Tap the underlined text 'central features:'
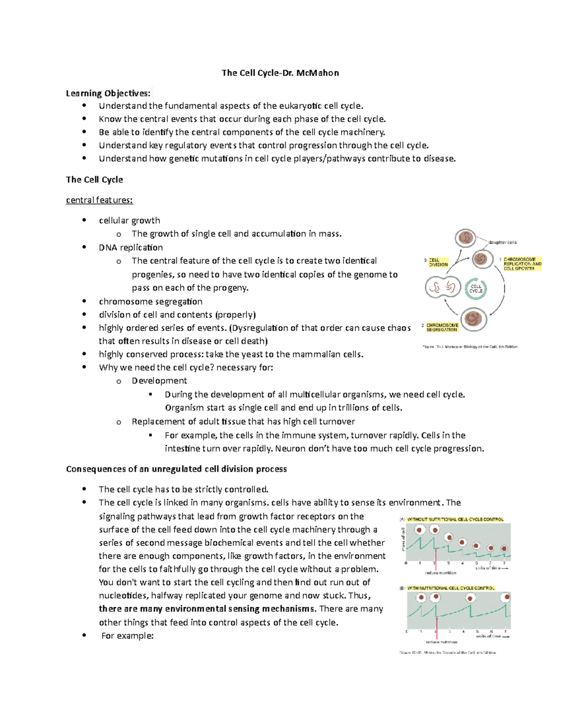99,200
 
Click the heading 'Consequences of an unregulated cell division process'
176,469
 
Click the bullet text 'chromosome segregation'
151,302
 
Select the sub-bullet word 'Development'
159,381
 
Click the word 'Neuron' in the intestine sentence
290,449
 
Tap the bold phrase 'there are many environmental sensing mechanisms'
207,609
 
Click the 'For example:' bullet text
127,636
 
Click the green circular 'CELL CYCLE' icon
476,289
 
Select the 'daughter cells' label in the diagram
502,242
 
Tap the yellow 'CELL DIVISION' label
438,262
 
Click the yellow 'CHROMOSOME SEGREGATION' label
442,327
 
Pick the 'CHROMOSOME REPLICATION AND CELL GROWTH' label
522,264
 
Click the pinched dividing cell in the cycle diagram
442,288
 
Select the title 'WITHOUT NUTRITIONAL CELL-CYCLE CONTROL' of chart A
455,519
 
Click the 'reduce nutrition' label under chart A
440,573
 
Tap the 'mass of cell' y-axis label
403,539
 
